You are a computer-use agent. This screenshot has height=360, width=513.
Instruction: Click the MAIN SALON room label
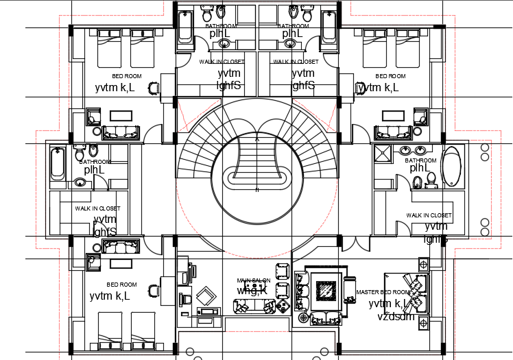(x=254, y=280)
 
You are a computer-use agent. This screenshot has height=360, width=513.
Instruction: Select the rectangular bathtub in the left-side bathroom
(x=58, y=164)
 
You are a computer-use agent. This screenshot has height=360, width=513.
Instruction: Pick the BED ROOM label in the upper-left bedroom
(x=127, y=76)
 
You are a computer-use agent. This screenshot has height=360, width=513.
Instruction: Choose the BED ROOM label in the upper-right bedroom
(x=390, y=76)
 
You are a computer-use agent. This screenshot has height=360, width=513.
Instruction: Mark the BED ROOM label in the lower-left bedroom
(x=121, y=284)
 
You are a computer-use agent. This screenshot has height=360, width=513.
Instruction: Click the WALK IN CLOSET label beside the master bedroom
(x=429, y=215)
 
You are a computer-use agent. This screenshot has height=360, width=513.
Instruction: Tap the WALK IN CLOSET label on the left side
(x=97, y=208)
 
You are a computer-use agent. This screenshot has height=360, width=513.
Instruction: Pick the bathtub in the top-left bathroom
(x=184, y=27)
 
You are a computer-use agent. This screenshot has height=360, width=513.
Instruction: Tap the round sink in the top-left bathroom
(x=224, y=44)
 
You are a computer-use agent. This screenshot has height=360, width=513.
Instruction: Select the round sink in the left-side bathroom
(x=80, y=182)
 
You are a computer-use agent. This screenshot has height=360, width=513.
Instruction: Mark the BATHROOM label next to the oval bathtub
(x=420, y=160)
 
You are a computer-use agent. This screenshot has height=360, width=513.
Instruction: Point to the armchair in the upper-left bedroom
(x=154, y=88)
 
